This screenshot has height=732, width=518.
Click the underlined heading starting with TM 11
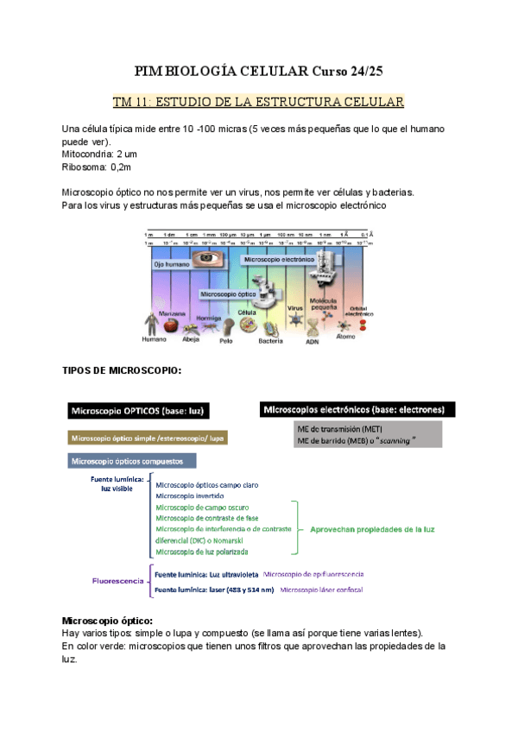click(259, 103)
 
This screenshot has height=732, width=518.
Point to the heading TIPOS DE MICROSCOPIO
click(122, 370)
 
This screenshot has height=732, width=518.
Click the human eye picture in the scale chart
click(205, 257)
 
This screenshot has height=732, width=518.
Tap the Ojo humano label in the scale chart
click(171, 264)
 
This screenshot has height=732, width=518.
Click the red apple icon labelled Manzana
click(173, 325)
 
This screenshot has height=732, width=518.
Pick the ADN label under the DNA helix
click(313, 340)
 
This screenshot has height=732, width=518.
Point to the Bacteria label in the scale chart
click(270, 340)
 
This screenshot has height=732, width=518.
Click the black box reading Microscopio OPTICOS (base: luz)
click(143, 409)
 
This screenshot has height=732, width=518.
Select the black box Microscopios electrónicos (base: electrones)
click(357, 408)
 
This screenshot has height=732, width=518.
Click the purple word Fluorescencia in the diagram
click(117, 581)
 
